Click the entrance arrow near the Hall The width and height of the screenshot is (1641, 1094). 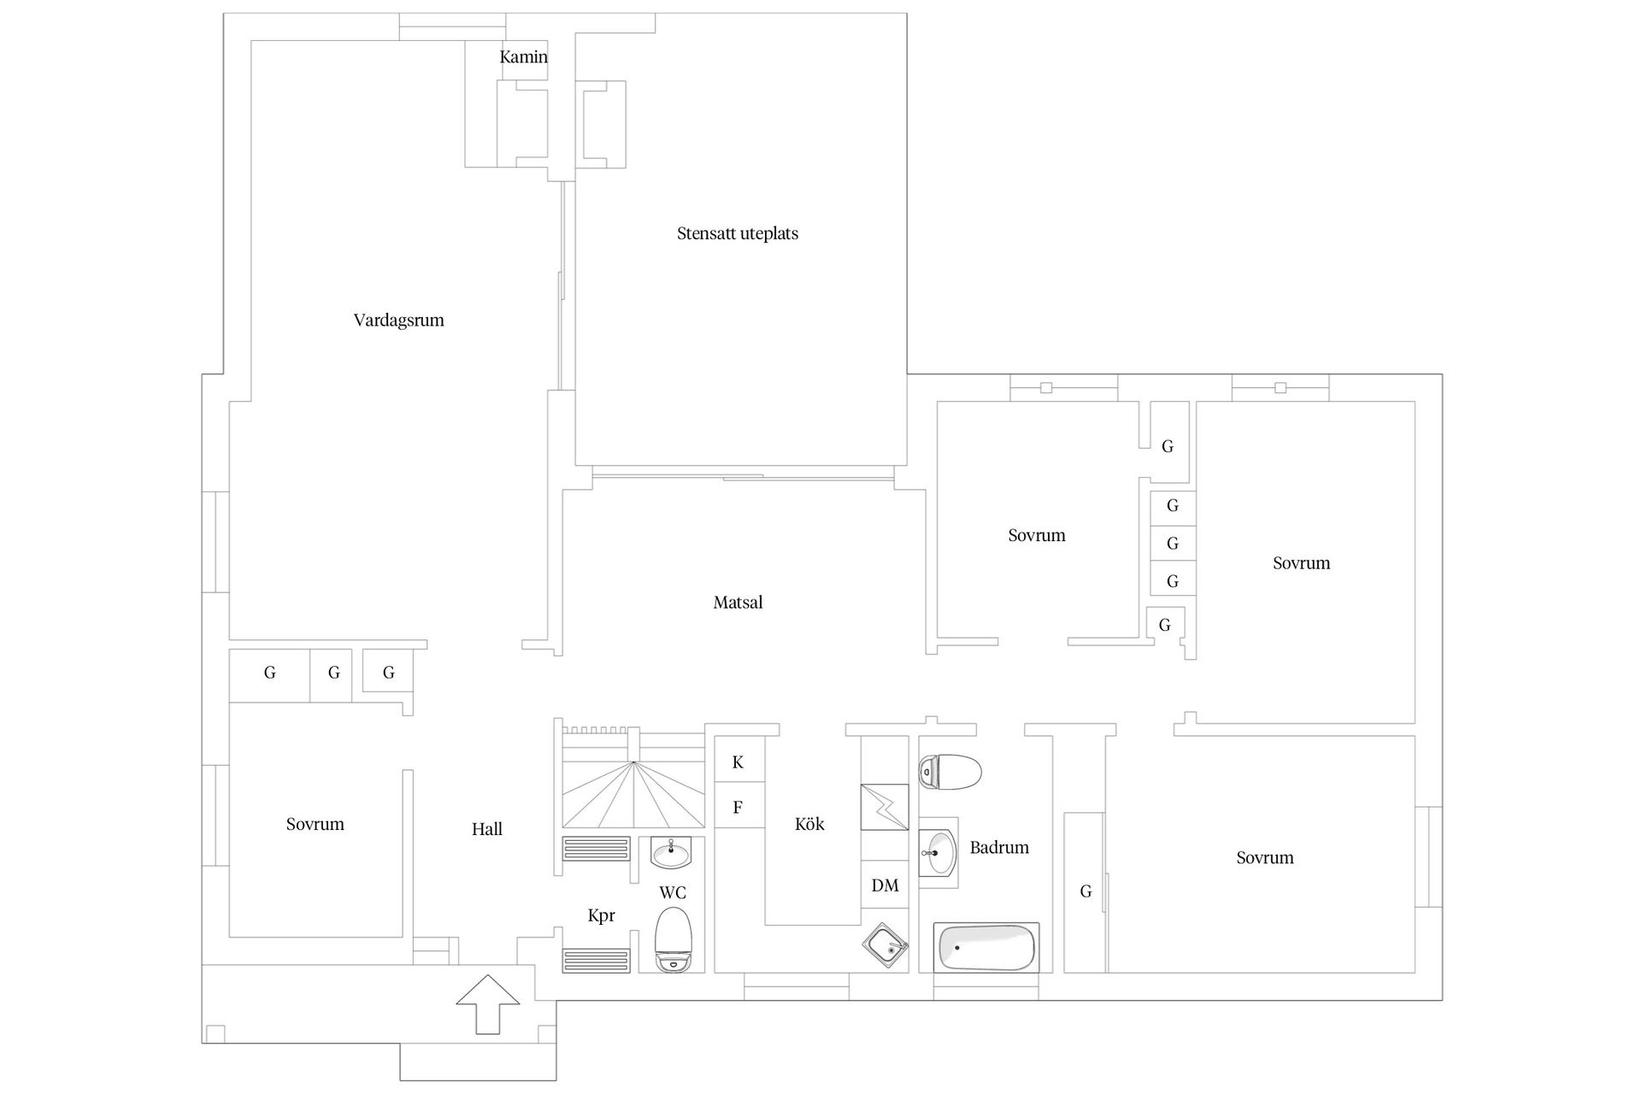click(x=487, y=1003)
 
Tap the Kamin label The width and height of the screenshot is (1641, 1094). click(x=523, y=57)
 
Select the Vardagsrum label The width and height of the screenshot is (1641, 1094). click(x=399, y=321)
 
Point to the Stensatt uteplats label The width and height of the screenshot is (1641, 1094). click(x=738, y=233)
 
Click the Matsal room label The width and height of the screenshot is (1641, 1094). click(x=738, y=603)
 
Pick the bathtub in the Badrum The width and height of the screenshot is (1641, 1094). click(x=987, y=947)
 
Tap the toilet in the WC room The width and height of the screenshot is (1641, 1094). click(x=673, y=939)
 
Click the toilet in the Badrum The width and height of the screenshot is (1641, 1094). click(x=950, y=772)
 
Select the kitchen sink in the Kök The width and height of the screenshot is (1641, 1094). click(x=885, y=948)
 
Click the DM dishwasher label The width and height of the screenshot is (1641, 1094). click(x=885, y=885)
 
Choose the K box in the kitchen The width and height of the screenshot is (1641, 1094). click(x=738, y=762)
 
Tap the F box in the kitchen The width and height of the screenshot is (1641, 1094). click(x=738, y=808)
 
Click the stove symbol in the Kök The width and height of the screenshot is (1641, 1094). click(x=885, y=807)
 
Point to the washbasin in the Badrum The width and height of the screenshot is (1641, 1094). click(x=938, y=852)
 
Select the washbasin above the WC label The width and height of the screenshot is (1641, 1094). click(x=672, y=852)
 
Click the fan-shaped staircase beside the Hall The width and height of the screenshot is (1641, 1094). click(x=634, y=794)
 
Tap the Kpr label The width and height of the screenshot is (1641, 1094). click(x=602, y=916)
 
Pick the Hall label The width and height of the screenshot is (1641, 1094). click(x=487, y=829)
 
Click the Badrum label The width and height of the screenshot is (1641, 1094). click(x=999, y=848)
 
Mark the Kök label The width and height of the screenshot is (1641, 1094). click(x=809, y=824)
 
